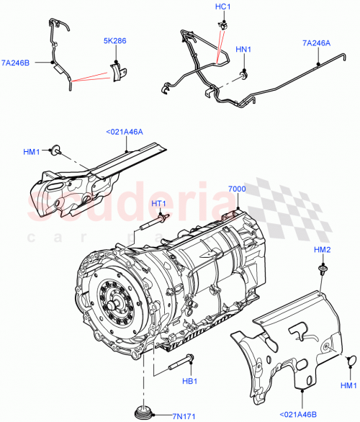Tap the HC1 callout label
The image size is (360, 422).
coord(222,7)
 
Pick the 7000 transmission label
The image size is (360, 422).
coord(237,189)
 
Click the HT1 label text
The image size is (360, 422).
coord(161,205)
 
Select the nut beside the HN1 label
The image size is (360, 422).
coord(244,73)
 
